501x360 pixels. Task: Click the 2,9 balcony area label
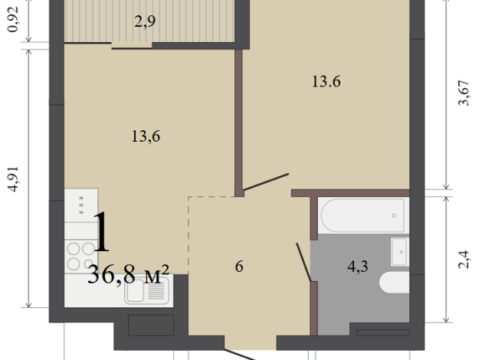click(x=146, y=21)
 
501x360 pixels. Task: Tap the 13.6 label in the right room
click(x=326, y=82)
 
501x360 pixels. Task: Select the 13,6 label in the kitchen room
click(x=145, y=137)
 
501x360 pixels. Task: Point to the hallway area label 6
click(x=239, y=267)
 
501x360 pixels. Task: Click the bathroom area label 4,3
click(x=358, y=267)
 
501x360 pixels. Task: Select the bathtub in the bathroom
click(x=362, y=215)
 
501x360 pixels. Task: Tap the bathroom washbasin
click(x=399, y=250)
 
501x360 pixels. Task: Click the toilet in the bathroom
click(x=395, y=283)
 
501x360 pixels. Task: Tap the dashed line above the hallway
click(x=215, y=197)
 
